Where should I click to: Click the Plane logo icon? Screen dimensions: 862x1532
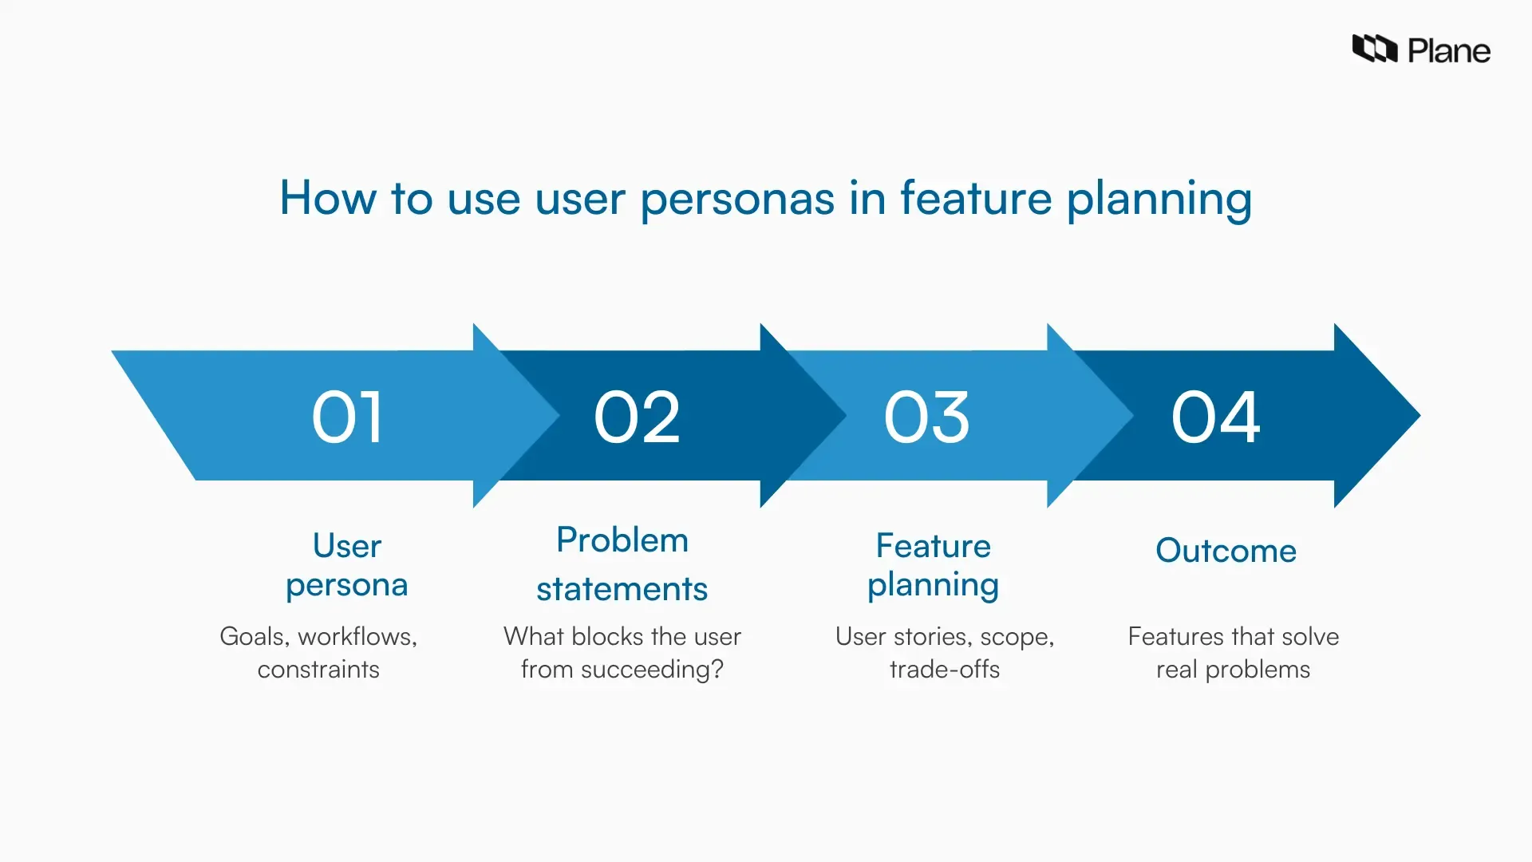(1374, 49)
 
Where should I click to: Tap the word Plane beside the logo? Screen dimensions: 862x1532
(1448, 51)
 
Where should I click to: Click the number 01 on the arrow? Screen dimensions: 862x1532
(347, 417)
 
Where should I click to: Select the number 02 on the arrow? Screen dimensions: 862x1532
(637, 417)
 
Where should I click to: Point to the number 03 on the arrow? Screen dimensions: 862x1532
(926, 417)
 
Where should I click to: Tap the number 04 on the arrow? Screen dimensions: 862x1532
(1215, 417)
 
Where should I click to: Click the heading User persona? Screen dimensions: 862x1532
(347, 565)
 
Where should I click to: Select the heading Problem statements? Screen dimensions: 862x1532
(622, 564)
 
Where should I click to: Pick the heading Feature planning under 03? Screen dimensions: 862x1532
(933, 565)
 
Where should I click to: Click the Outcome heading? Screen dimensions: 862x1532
(1226, 551)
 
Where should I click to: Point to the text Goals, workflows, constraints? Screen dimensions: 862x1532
(318, 652)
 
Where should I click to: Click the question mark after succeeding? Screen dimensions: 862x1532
(717, 669)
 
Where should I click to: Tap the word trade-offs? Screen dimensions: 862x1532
(945, 669)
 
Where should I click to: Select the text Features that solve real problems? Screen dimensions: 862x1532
(1233, 652)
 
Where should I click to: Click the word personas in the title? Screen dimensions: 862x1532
(736, 200)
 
